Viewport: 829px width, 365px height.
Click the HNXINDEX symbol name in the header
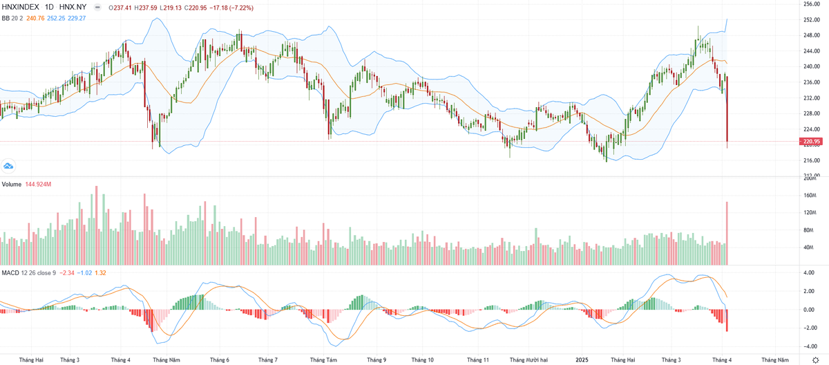pos(21,8)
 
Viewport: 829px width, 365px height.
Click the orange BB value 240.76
pos(35,18)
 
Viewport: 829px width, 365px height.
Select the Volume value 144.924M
pos(39,185)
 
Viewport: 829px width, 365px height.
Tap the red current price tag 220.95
pos(810,142)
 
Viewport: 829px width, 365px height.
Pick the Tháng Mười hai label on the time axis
pos(528,359)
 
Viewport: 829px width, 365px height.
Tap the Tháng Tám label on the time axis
pos(323,359)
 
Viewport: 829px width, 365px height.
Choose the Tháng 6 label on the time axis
pos(220,359)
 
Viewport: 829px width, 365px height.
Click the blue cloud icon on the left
pos(9,166)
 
